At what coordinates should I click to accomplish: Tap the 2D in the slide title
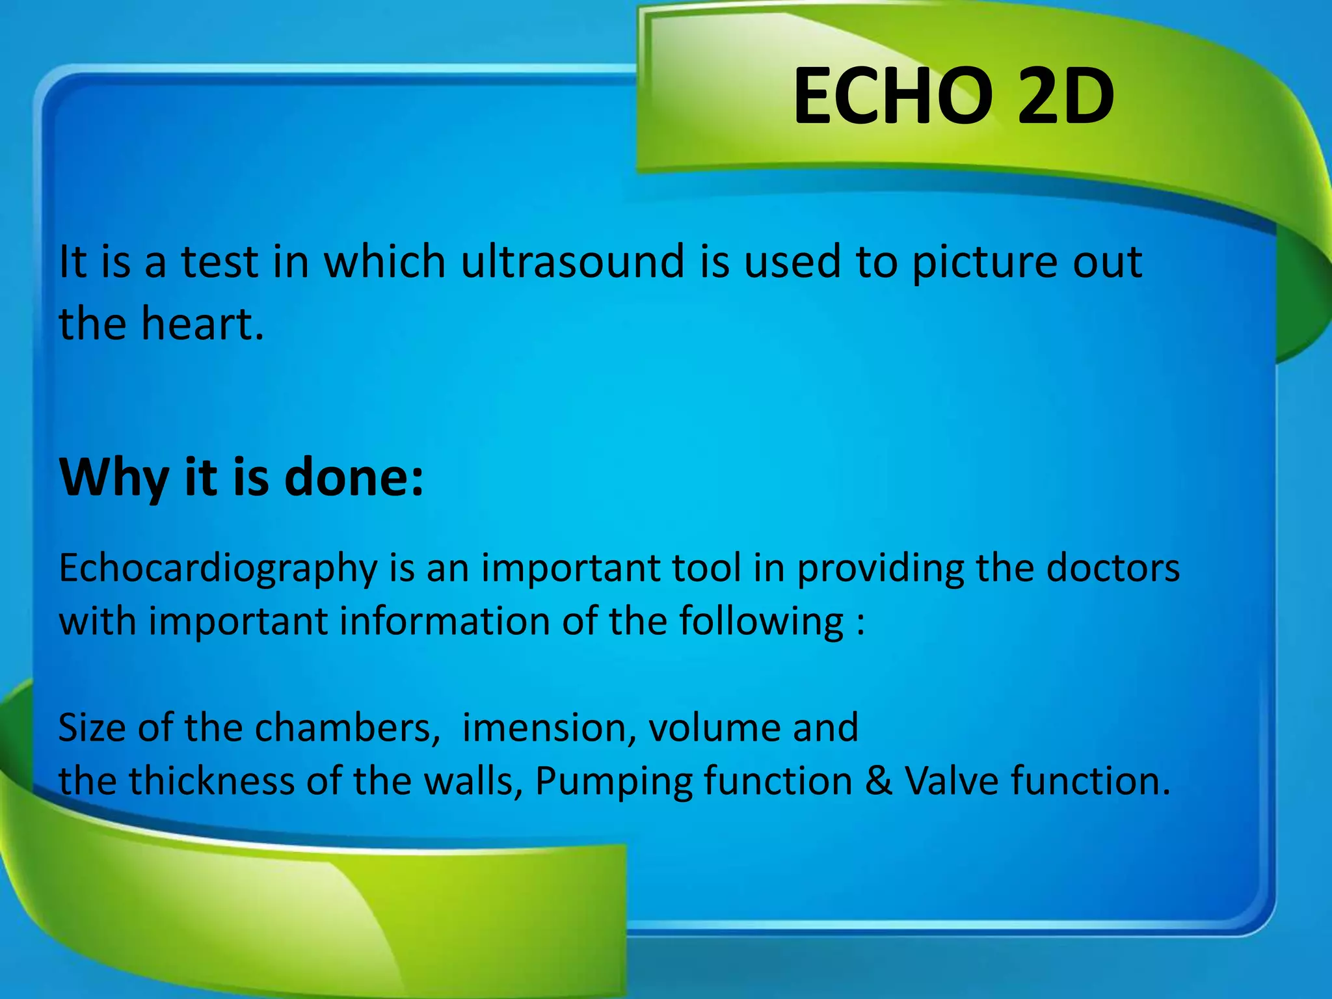[x=1065, y=98]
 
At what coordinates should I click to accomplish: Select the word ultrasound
[x=572, y=261]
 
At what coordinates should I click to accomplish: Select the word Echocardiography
[x=218, y=568]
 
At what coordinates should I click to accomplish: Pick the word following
[x=761, y=622]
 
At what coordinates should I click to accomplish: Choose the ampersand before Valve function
[x=879, y=780]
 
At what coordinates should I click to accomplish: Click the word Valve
[x=951, y=780]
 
